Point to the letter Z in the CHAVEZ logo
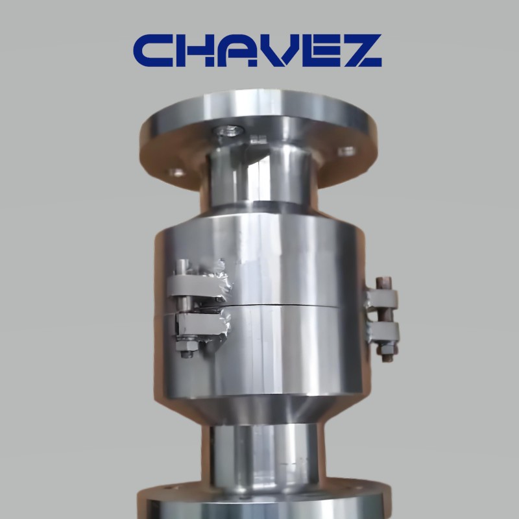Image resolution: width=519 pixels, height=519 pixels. [363, 51]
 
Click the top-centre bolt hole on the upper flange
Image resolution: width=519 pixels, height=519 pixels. [228, 131]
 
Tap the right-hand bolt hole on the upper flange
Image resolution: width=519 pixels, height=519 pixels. [347, 152]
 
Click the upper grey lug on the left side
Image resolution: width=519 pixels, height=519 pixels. [199, 286]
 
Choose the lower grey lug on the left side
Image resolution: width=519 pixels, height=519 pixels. [202, 324]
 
